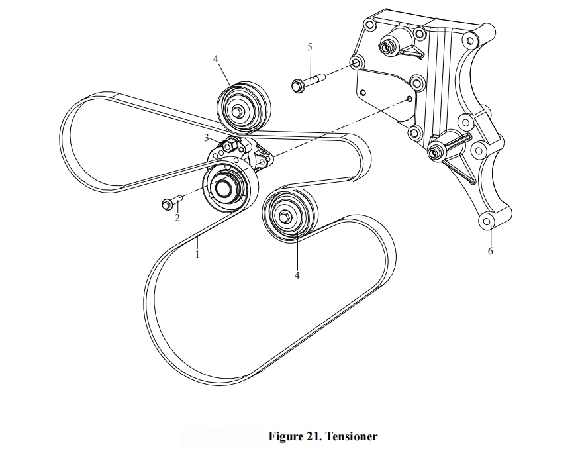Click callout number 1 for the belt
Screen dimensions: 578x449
[197, 254]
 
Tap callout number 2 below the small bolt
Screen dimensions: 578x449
[177, 218]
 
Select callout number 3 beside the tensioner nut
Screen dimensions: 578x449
[207, 138]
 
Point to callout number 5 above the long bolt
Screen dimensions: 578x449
[310, 47]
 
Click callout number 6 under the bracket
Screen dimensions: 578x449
[490, 251]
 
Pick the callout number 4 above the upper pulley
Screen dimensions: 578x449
[216, 59]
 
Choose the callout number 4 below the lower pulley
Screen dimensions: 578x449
[297, 275]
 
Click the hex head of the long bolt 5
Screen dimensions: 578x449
[297, 86]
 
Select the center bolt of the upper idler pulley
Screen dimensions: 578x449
[236, 111]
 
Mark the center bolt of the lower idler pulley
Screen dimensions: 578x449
[284, 217]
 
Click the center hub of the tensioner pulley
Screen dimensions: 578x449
[222, 188]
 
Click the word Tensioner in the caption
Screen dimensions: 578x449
[352, 436]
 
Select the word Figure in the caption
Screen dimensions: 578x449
[286, 437]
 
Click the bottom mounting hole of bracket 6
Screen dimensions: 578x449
[487, 222]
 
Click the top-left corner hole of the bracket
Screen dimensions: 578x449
[369, 25]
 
